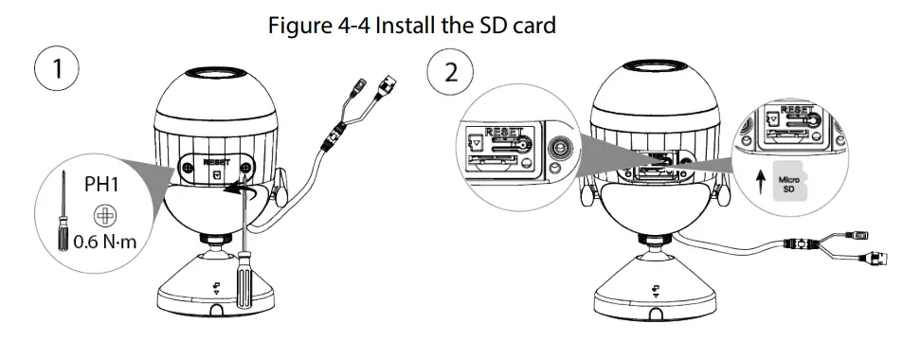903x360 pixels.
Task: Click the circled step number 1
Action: [57, 68]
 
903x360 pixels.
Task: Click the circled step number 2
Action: [450, 73]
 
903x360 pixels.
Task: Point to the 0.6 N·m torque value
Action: [105, 242]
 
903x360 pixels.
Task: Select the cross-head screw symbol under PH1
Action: [105, 215]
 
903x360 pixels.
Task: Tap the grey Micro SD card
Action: [787, 185]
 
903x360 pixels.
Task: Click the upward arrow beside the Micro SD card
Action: [762, 181]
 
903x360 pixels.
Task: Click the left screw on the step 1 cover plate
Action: [189, 168]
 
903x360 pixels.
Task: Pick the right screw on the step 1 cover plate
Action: [246, 167]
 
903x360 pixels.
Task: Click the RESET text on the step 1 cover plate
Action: [217, 162]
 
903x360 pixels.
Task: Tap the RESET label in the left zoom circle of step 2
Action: [504, 132]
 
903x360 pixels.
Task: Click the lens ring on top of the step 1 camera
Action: [217, 73]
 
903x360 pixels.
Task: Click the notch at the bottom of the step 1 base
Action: [217, 311]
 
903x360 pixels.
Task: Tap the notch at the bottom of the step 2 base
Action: [656, 314]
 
